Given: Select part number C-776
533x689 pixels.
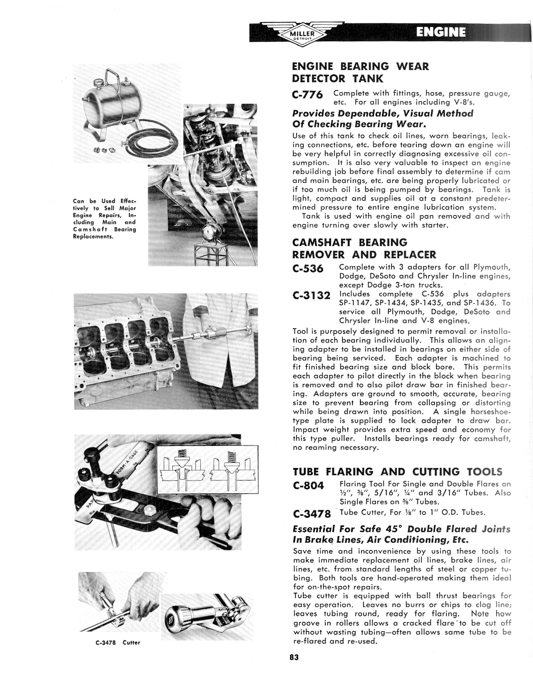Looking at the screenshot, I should pyautogui.click(x=308, y=95).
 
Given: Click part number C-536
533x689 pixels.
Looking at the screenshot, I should pyautogui.click(x=308, y=269).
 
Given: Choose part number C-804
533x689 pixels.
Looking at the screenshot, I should pyautogui.click(x=309, y=486).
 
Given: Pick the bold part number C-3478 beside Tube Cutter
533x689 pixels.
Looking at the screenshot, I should pyautogui.click(x=312, y=513).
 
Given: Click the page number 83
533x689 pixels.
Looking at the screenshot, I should pyautogui.click(x=293, y=657).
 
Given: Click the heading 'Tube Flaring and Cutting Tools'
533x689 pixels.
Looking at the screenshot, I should pyautogui.click(x=398, y=472).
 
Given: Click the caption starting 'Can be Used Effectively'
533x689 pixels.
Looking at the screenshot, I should pyautogui.click(x=105, y=219).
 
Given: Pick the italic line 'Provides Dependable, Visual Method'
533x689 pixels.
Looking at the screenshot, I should pyautogui.click(x=383, y=114).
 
